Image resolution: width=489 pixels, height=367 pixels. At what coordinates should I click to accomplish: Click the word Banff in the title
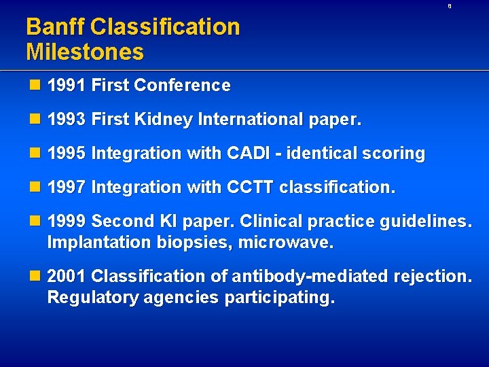pos(55,27)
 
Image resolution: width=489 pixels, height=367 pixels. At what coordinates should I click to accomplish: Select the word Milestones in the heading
pos(85,52)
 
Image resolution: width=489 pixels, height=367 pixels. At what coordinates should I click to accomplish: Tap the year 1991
pos(67,86)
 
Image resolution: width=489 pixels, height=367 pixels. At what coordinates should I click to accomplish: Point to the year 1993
pos(67,120)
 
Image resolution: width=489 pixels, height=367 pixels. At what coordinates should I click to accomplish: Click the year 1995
pos(67,154)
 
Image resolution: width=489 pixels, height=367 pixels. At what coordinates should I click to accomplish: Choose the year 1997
pos(67,187)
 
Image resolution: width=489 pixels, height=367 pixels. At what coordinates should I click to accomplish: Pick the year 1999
pos(67,221)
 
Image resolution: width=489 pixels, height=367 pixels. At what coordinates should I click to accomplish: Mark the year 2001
pos(67,276)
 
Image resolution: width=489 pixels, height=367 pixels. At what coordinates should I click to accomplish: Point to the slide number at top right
pos(449,6)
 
